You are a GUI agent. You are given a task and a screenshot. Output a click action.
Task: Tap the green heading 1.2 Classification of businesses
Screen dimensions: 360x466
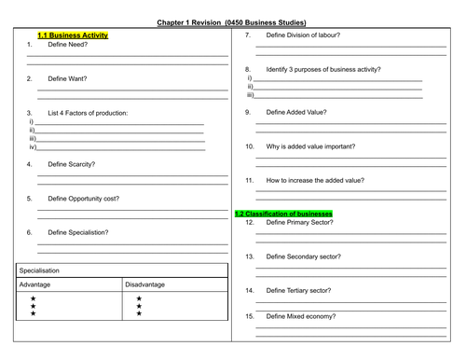click(x=283, y=214)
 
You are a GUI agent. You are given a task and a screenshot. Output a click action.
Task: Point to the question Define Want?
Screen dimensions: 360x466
click(x=67, y=78)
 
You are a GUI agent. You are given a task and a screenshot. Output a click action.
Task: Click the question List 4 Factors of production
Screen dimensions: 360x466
click(x=88, y=113)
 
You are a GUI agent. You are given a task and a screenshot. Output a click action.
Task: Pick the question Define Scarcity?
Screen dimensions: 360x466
click(x=72, y=164)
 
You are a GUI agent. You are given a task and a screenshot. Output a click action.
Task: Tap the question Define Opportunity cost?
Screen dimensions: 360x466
click(x=84, y=199)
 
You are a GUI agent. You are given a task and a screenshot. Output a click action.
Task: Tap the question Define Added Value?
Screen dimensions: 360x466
click(x=296, y=112)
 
